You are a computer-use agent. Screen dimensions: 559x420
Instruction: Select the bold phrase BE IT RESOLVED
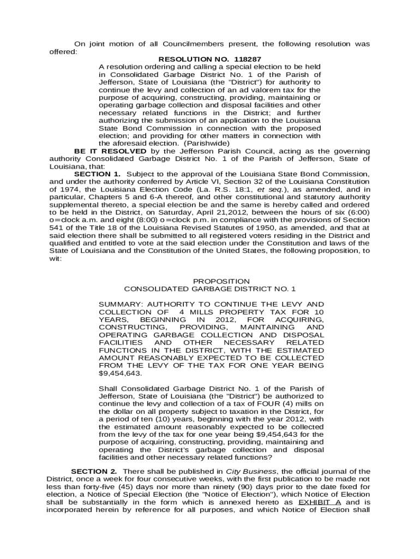point(110,151)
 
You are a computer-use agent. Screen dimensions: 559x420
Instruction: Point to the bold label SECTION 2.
point(94,471)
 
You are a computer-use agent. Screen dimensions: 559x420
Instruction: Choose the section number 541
point(56,227)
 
